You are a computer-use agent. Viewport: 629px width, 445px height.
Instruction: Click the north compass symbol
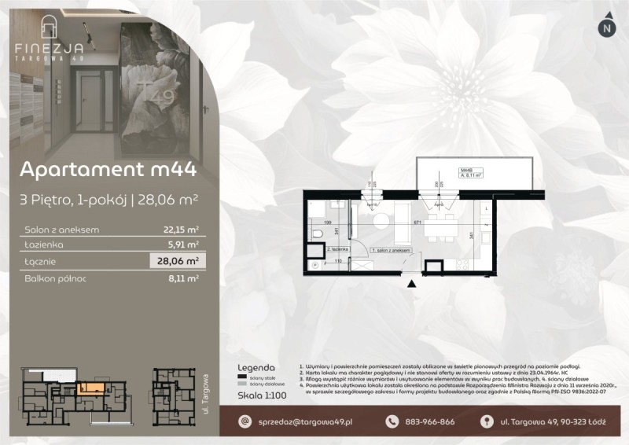pyautogui.click(x=606, y=27)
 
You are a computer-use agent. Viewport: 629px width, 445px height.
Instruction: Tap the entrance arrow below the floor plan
pyautogui.click(x=411, y=286)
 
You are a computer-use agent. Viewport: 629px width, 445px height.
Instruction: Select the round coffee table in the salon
pyautogui.click(x=380, y=220)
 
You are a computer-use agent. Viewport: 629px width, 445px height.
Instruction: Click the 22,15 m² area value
pyautogui.click(x=182, y=230)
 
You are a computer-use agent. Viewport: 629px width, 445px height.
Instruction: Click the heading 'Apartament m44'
pyautogui.click(x=107, y=170)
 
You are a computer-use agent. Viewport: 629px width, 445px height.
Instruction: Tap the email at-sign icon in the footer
pyautogui.click(x=245, y=421)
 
